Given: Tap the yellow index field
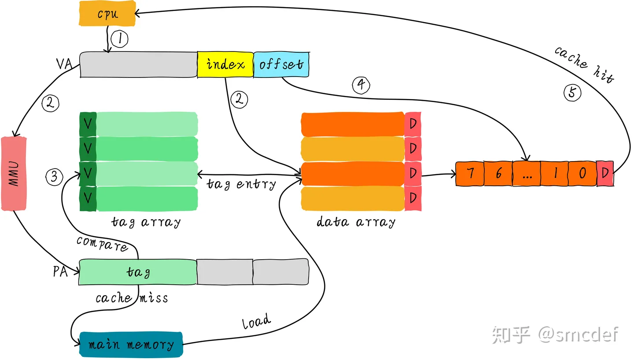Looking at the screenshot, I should (x=225, y=65).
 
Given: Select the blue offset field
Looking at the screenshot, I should (x=281, y=65).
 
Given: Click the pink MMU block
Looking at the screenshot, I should (x=14, y=174).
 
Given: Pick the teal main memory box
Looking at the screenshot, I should (x=131, y=344).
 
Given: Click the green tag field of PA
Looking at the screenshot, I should (x=138, y=272).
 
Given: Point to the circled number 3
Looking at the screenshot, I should (x=54, y=177).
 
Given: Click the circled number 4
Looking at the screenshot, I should (x=361, y=85).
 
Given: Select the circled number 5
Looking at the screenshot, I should (x=572, y=92).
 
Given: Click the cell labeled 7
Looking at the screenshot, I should (x=470, y=173).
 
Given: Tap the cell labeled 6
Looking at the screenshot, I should (x=498, y=173).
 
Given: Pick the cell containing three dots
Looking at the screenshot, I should (x=527, y=173).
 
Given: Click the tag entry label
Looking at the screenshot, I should (x=241, y=184).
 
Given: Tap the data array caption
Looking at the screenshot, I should (x=356, y=222).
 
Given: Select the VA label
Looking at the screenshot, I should (x=64, y=65).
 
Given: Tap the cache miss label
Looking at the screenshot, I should (x=132, y=298).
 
